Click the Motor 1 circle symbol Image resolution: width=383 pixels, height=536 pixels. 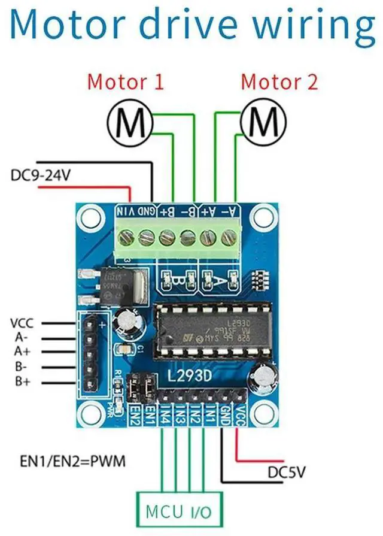tap(129, 124)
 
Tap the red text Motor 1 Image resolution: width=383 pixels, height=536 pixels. tap(125, 81)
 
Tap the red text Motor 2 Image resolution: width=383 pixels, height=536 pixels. tap(279, 81)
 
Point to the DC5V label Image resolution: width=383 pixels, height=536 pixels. tap(285, 473)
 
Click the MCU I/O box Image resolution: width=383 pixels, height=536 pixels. tap(180, 512)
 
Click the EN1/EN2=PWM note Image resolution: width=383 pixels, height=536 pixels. tap(73, 462)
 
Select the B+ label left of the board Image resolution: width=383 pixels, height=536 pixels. tap(22, 381)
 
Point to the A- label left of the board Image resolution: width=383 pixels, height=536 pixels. tap(22, 338)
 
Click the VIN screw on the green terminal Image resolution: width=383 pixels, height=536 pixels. tap(126, 238)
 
